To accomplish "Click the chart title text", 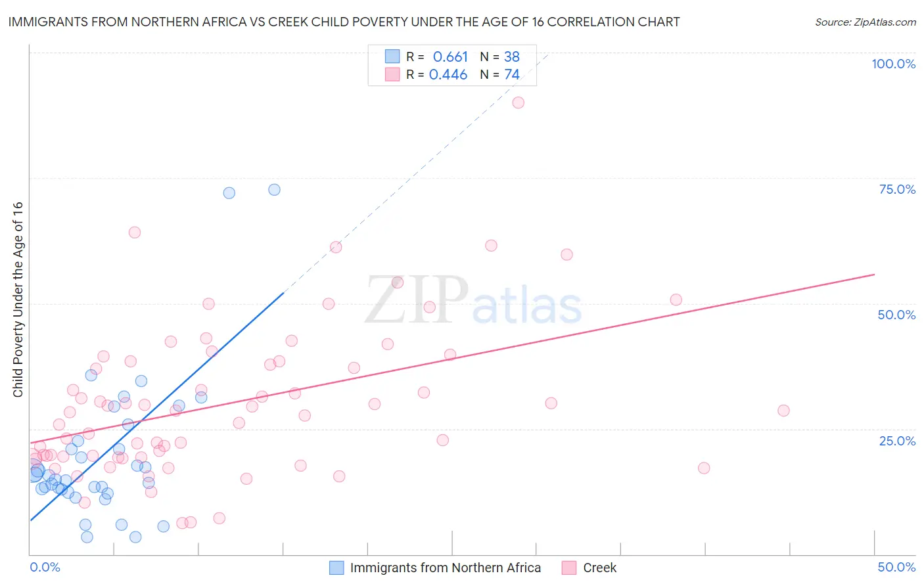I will (344, 22).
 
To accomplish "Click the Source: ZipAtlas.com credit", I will (865, 22).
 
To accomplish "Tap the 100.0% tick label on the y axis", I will (893, 64).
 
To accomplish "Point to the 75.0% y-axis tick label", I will (897, 189).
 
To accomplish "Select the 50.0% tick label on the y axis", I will (896, 315).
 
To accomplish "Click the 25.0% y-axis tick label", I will (897, 441).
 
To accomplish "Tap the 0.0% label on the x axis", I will (45, 567).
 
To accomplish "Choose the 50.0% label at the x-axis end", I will (896, 567).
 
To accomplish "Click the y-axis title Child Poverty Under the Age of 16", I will (18, 300).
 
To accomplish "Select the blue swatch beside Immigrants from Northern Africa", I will (336, 568).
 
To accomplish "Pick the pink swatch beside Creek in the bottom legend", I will (569, 568).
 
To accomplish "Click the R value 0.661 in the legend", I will (450, 57).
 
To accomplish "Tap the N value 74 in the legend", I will (512, 75).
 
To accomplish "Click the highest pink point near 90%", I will (518, 102).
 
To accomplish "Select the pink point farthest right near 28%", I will (783, 411).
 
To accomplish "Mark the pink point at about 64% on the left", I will (135, 233).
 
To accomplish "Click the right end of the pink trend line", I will (874, 274).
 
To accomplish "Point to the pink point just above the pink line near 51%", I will (676, 300).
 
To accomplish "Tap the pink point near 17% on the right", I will (704, 468).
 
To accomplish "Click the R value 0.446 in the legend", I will (448, 75).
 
